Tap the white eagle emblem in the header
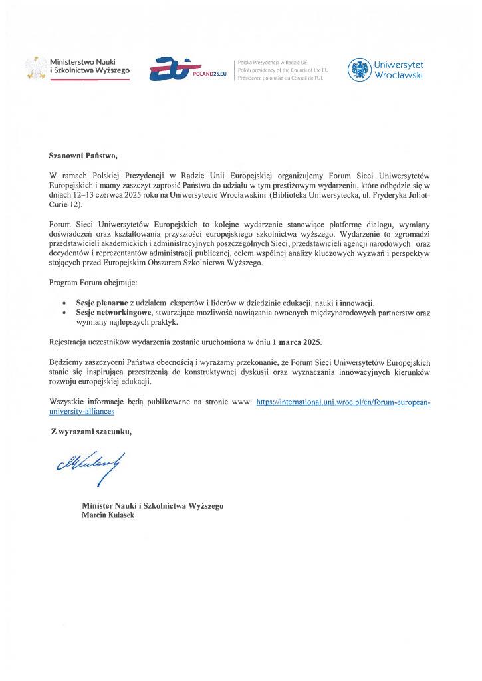[35, 67]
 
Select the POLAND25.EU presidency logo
[187, 69]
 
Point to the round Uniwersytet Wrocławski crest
[359, 68]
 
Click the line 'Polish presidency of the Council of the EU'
[283, 69]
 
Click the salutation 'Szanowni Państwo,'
[82, 156]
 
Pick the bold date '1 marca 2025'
[297, 342]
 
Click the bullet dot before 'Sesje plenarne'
[63, 303]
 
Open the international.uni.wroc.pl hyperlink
[343, 402]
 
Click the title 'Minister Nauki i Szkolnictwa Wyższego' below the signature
[152, 505]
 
